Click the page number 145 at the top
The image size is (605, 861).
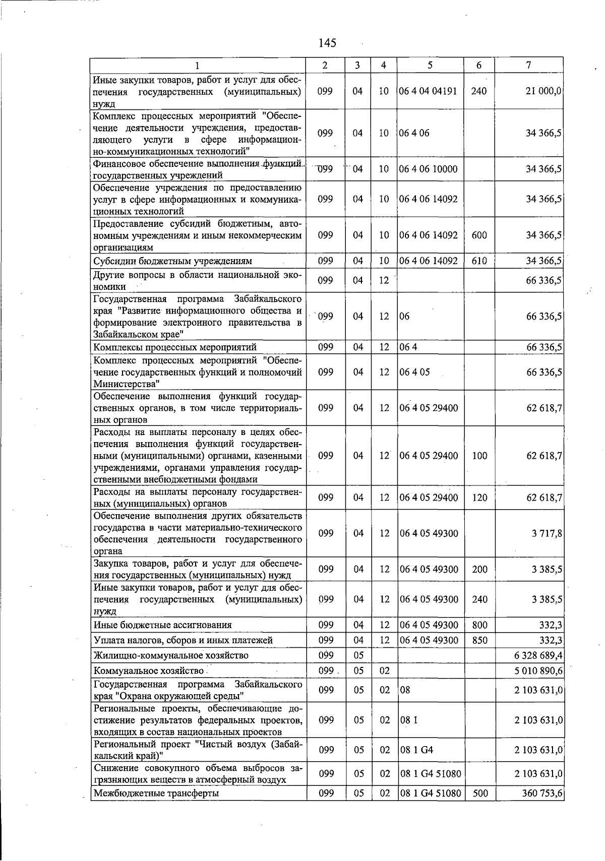pyautogui.click(x=327, y=43)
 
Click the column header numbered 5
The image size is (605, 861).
pyautogui.click(x=430, y=65)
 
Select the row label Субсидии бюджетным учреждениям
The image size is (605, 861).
pyautogui.click(x=173, y=261)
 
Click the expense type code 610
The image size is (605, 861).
pyautogui.click(x=479, y=261)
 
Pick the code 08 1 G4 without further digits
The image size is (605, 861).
pyautogui.click(x=416, y=750)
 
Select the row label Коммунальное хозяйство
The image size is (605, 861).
pyautogui.click(x=149, y=671)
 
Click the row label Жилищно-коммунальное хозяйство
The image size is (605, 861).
pyautogui.click(x=171, y=655)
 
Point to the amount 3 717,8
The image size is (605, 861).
pyautogui.click(x=547, y=533)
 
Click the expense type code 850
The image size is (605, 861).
pyautogui.click(x=479, y=640)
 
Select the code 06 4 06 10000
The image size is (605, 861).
pyautogui.click(x=428, y=169)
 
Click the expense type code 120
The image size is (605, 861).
pyautogui.click(x=479, y=498)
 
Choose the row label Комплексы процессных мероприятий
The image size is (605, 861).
pyautogui.click(x=175, y=347)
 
